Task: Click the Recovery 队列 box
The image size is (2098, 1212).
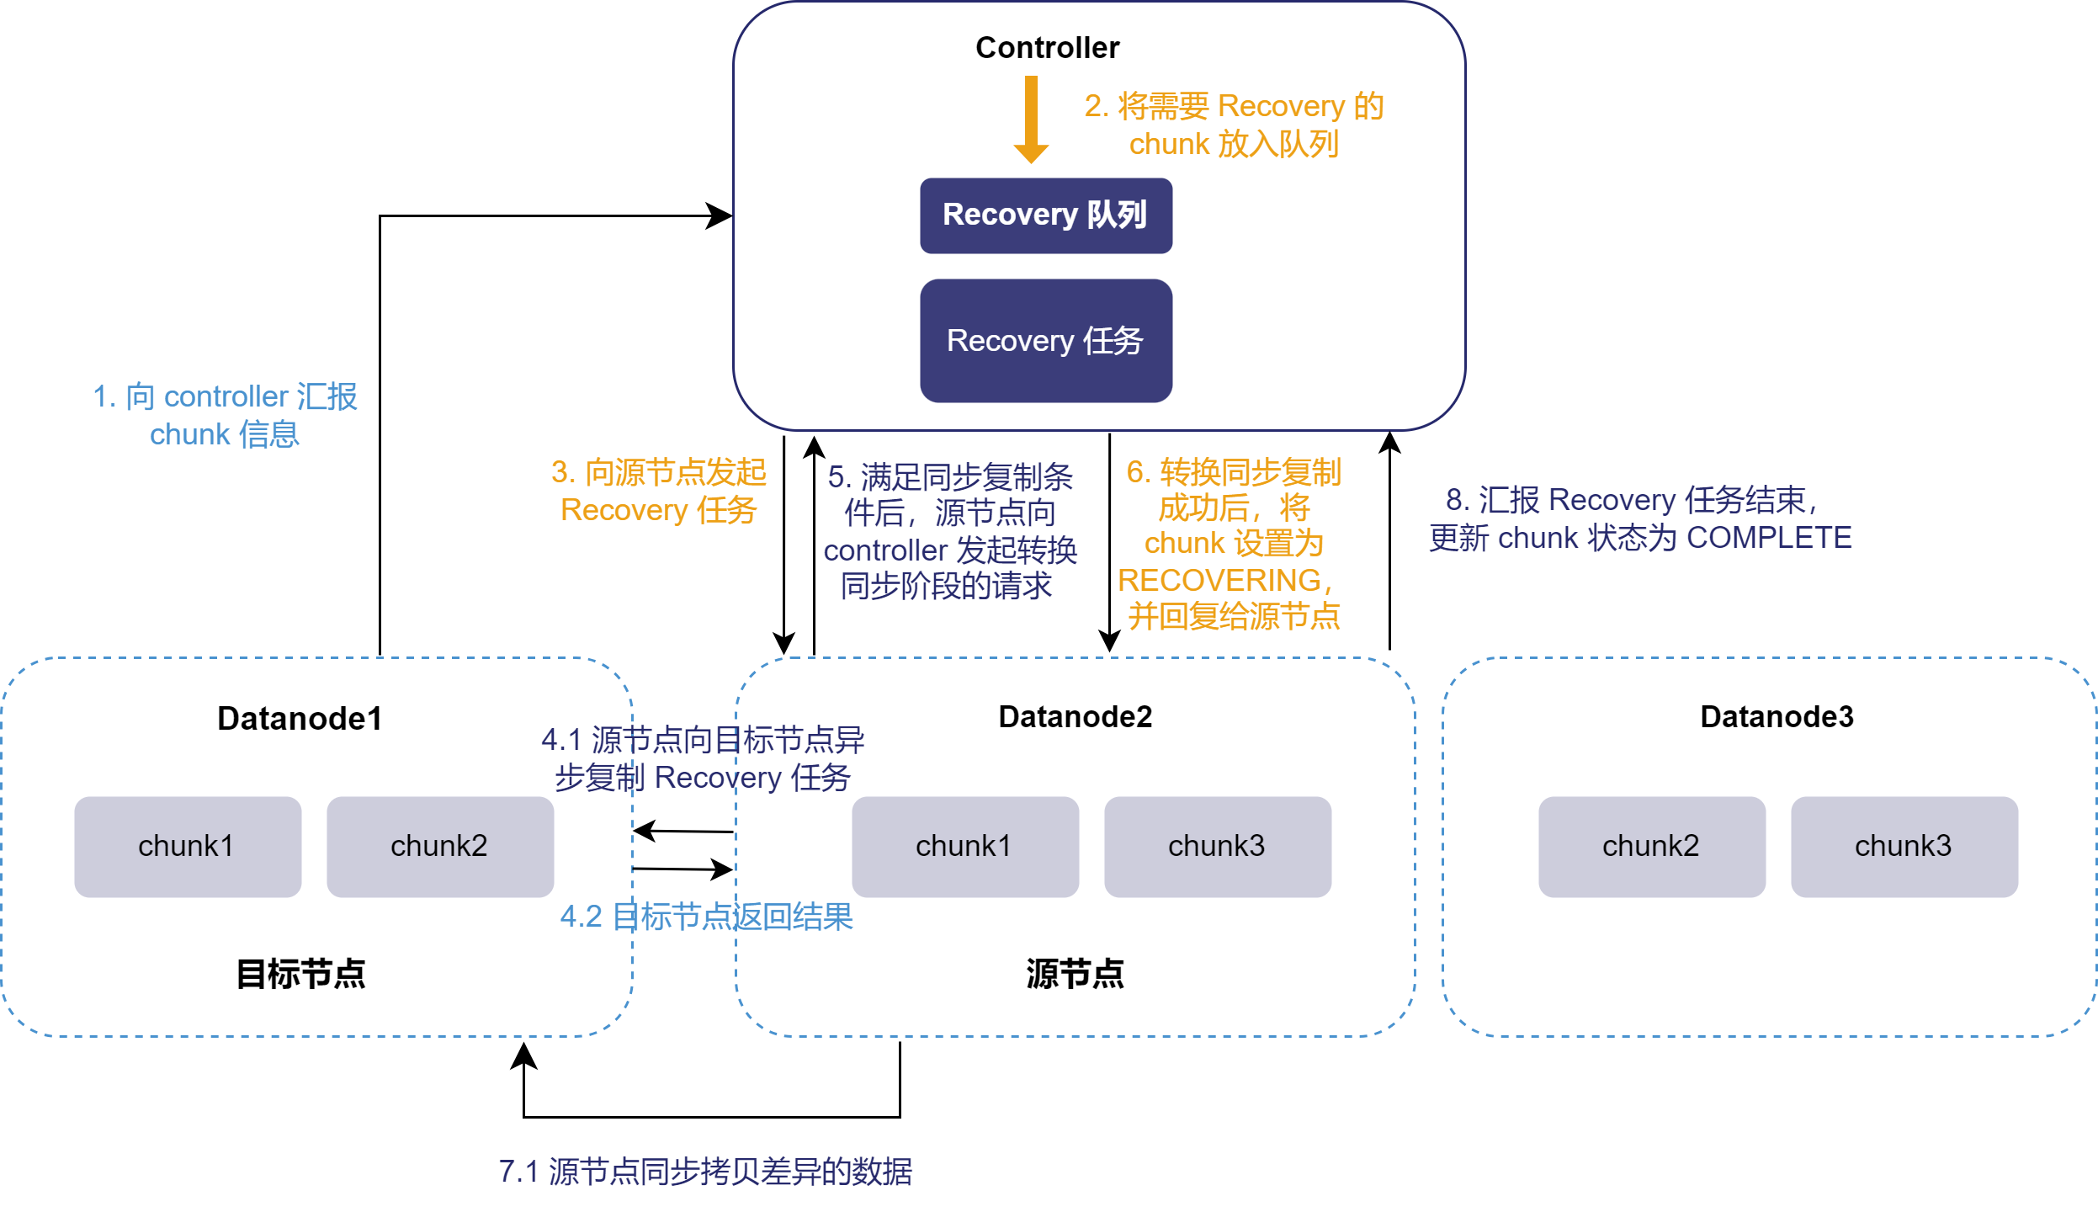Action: pyautogui.click(x=1045, y=215)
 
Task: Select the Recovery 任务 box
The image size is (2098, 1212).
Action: pyautogui.click(x=1045, y=341)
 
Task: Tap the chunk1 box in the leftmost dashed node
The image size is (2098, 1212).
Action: pyautogui.click(x=188, y=847)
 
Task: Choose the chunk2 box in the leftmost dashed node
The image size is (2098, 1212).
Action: pyautogui.click(x=440, y=847)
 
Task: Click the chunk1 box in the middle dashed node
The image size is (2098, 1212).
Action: pyautogui.click(x=965, y=847)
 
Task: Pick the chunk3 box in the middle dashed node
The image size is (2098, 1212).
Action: pyautogui.click(x=1218, y=847)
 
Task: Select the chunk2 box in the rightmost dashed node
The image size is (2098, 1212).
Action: pyautogui.click(x=1652, y=847)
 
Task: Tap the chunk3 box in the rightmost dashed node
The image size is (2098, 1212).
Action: pyautogui.click(x=1904, y=847)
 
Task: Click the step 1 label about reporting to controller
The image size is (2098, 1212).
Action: pyautogui.click(x=225, y=415)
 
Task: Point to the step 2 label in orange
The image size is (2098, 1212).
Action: pyautogui.click(x=1234, y=125)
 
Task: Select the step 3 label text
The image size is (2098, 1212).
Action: pyautogui.click(x=659, y=491)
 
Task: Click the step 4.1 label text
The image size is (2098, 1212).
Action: pyautogui.click(x=703, y=759)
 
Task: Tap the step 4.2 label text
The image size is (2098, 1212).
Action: pyautogui.click(x=707, y=917)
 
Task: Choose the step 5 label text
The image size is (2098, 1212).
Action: pyautogui.click(x=950, y=531)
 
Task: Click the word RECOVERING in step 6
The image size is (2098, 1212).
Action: pyautogui.click(x=1219, y=581)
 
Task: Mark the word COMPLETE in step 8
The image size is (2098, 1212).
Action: pyautogui.click(x=1769, y=538)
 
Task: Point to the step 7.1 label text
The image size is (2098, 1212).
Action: pyautogui.click(x=705, y=1172)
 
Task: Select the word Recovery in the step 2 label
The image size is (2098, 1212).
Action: pyautogui.click(x=1281, y=107)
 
